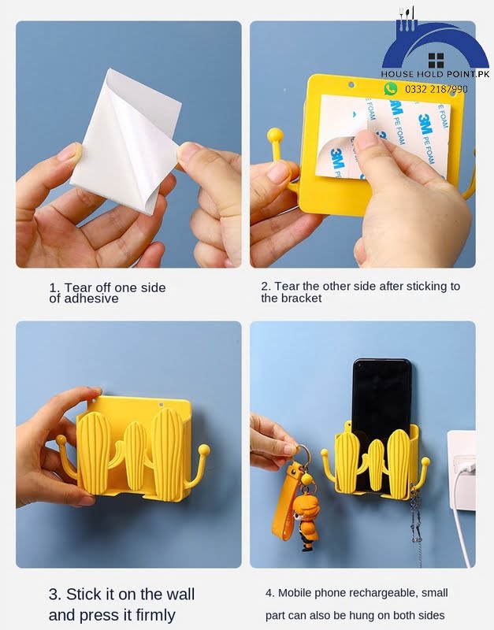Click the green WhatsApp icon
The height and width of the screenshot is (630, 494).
pyautogui.click(x=390, y=89)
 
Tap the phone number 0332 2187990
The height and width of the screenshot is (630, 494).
pyautogui.click(x=436, y=89)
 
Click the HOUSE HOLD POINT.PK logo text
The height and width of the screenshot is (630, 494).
pyautogui.click(x=436, y=73)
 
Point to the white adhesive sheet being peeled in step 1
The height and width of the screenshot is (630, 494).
pyautogui.click(x=126, y=142)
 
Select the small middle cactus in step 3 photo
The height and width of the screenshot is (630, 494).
pyautogui.click(x=135, y=457)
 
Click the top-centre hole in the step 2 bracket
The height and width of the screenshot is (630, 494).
pyautogui.click(x=351, y=85)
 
